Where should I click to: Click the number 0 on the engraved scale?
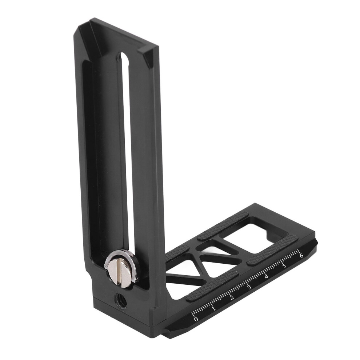(196, 319)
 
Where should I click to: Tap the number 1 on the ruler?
(213, 308)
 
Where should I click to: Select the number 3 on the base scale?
(249, 287)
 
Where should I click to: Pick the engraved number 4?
(266, 277)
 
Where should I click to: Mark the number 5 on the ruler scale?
(284, 266)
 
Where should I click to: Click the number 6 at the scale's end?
(301, 255)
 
